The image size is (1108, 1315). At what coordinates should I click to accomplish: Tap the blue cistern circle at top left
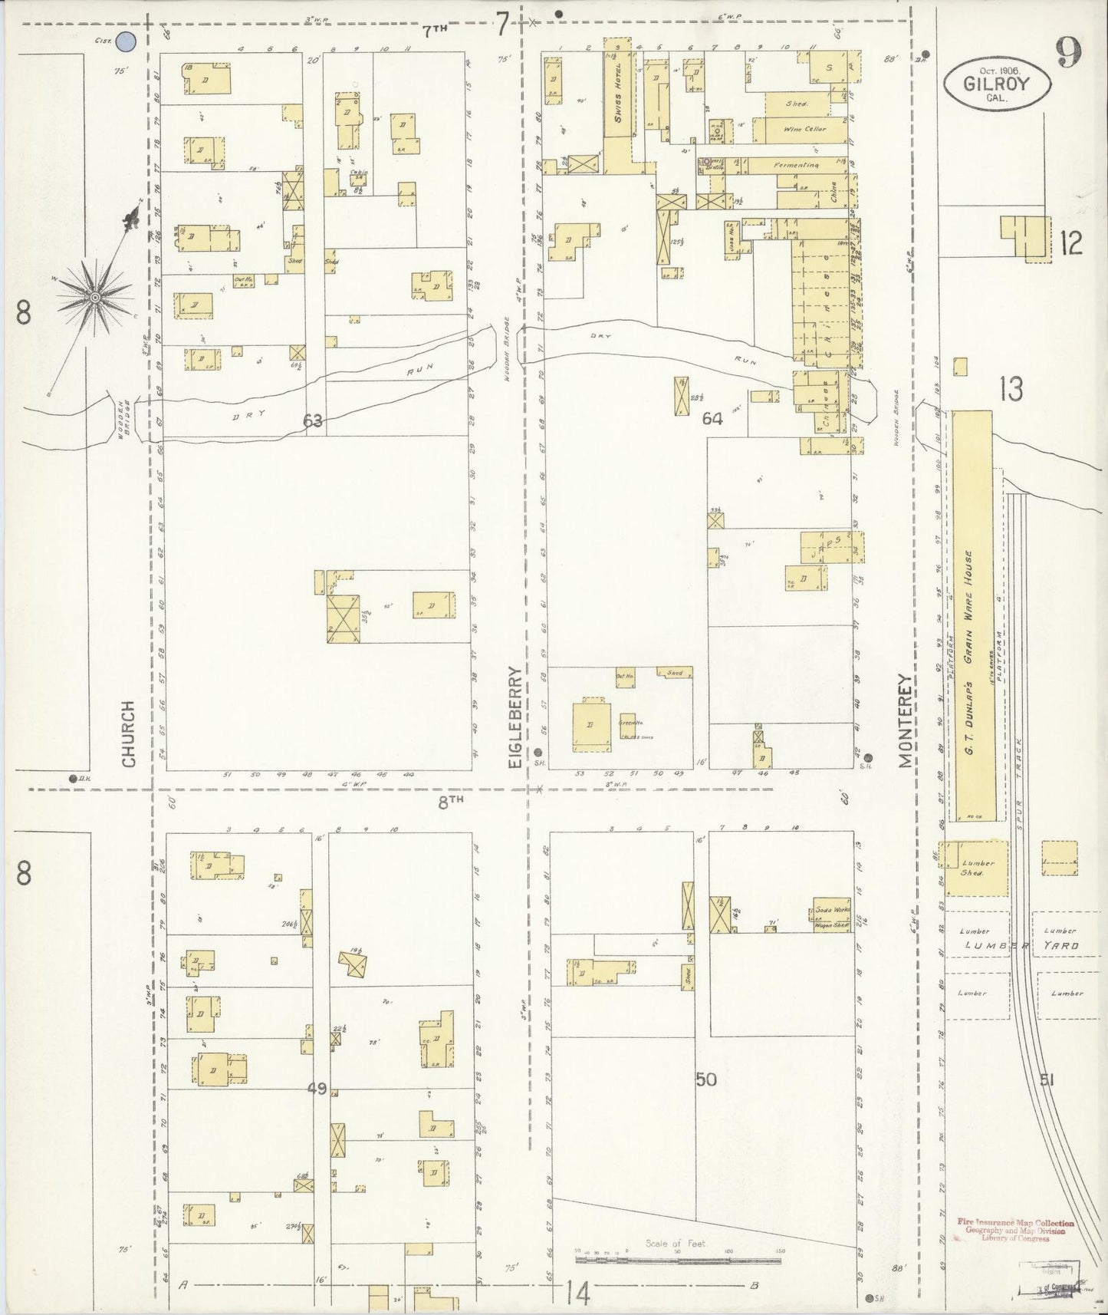point(125,42)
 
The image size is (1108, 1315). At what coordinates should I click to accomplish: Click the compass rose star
point(95,296)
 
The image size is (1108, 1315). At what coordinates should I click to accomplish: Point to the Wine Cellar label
point(804,130)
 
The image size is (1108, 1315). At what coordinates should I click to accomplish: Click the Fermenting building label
point(796,165)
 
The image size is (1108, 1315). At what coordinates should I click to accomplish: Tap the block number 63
point(312,420)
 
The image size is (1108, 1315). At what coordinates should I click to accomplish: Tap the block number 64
point(712,419)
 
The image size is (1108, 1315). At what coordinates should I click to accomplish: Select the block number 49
point(317,1088)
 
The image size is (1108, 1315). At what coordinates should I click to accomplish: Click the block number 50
point(705,1079)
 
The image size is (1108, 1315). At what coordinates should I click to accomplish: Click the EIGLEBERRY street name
point(515,717)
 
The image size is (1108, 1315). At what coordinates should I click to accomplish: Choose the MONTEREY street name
point(906,720)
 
